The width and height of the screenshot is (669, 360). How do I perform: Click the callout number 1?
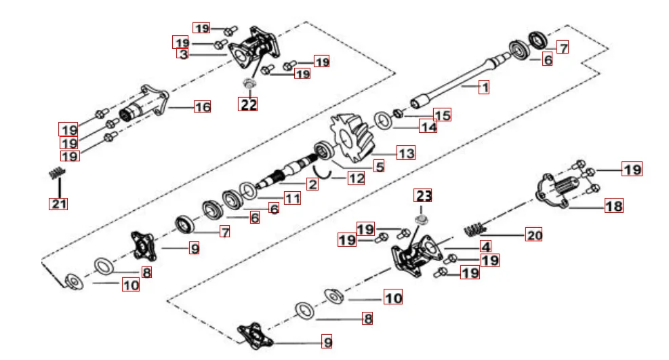[x=483, y=87]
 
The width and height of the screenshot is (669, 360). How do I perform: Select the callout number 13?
[x=405, y=153]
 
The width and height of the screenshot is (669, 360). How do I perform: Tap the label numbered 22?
[x=249, y=104]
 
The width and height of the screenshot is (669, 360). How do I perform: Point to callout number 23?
[x=423, y=196]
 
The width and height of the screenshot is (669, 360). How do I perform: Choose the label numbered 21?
[x=58, y=203]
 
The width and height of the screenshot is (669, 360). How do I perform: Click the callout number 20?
[x=534, y=235]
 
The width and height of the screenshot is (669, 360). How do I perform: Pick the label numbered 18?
[x=613, y=205]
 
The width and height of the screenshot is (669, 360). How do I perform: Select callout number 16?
[x=202, y=106]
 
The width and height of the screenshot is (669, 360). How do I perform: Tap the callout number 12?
[x=355, y=178]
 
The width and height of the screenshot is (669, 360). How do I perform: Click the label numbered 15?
[x=442, y=115]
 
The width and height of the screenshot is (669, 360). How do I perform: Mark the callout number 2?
[x=312, y=184]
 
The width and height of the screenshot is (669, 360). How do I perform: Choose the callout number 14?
[x=428, y=127]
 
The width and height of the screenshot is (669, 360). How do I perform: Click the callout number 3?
[x=182, y=54]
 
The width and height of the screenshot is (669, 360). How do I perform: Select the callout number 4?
[x=486, y=246]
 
